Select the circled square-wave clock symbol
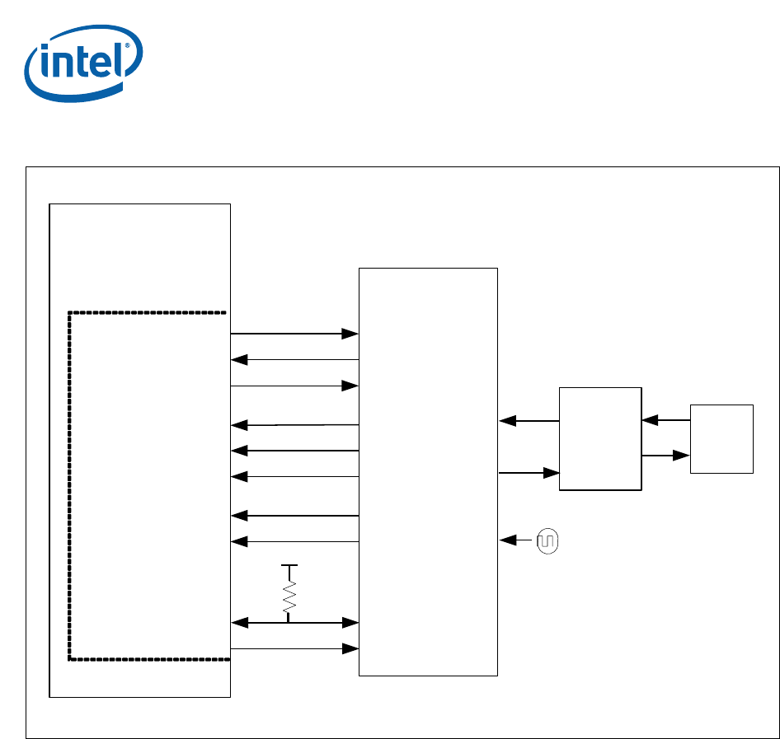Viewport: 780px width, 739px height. coord(547,541)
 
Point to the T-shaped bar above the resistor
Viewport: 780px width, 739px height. coord(289,567)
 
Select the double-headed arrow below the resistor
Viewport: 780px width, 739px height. coord(294,623)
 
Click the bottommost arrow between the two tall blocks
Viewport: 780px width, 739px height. coord(294,649)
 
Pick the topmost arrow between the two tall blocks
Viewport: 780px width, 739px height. coord(294,334)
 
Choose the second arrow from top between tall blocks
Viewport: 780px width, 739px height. coord(294,359)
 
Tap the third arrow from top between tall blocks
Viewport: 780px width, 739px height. coord(294,385)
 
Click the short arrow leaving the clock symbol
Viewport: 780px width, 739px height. coord(517,540)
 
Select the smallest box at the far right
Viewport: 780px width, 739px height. coord(721,438)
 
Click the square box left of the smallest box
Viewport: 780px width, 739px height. coord(600,438)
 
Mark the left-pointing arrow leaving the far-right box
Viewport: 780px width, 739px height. coord(665,420)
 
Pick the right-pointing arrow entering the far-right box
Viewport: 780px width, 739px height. coord(665,455)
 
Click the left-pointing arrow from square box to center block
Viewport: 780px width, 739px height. coord(529,421)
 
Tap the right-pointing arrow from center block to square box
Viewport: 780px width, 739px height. coord(529,473)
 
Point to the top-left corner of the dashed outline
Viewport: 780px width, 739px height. coord(70,313)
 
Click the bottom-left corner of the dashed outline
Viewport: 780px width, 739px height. coord(70,659)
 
